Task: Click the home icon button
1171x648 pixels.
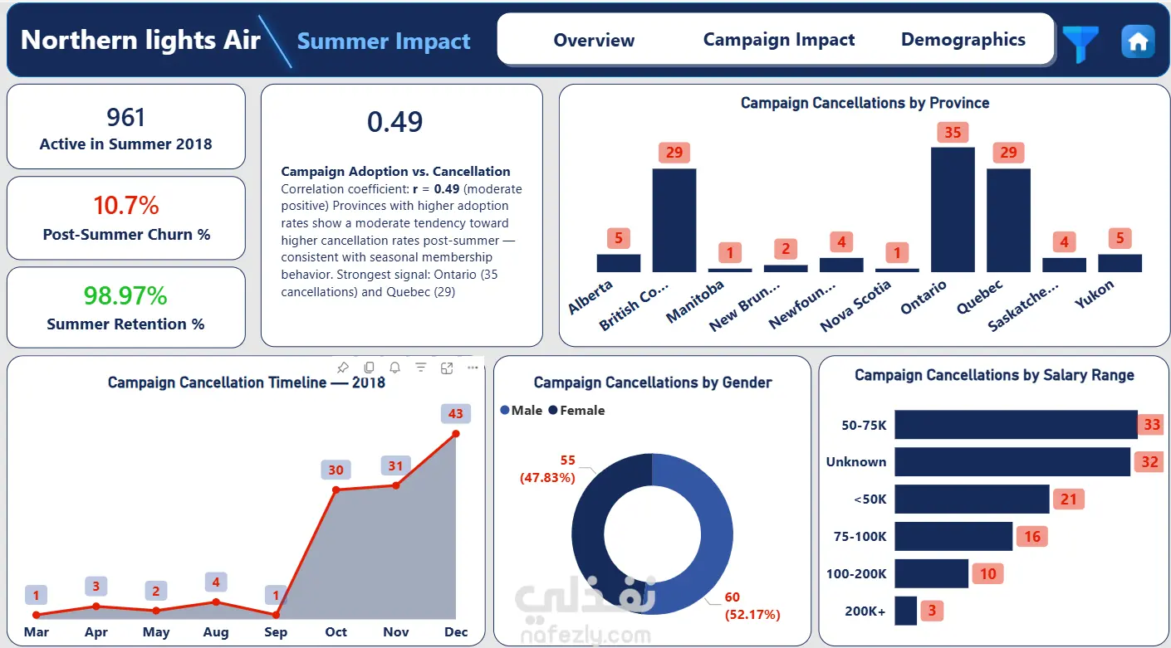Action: pos(1138,41)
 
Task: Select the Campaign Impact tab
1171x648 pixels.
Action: pos(778,40)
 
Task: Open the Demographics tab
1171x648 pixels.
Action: pos(963,40)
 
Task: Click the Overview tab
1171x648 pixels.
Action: pos(594,40)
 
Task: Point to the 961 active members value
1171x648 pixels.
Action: pos(125,118)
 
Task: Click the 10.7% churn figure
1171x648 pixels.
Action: pos(126,205)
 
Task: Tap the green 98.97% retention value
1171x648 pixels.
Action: pos(125,295)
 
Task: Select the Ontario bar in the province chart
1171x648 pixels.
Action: pos(953,209)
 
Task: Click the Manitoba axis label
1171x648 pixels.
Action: pos(695,300)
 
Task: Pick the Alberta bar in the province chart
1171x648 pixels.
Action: pos(619,263)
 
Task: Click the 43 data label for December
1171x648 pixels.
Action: pos(455,413)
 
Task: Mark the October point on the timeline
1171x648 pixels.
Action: pos(336,490)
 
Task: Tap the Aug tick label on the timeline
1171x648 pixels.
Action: pos(216,631)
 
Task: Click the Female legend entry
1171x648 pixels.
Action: pos(576,411)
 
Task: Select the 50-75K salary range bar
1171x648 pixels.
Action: pos(1016,425)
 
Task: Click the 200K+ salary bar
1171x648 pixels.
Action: pos(905,611)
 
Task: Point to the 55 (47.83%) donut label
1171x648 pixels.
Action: pos(548,469)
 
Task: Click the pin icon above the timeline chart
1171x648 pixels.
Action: pos(343,368)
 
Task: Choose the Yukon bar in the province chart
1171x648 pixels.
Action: pos(1120,263)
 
